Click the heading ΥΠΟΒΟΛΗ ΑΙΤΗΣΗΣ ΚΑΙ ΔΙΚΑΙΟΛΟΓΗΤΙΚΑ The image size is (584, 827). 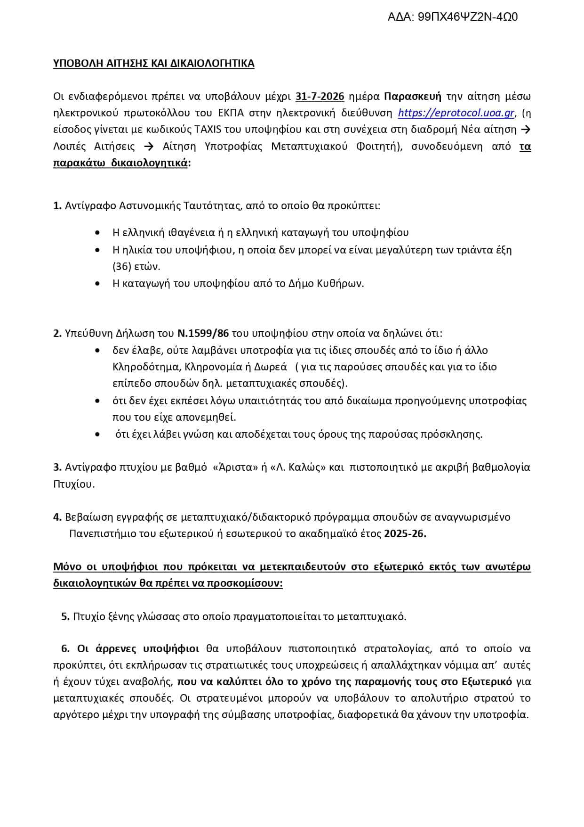point(153,64)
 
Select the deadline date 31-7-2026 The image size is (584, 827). point(320,97)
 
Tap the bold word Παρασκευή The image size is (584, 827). point(413,97)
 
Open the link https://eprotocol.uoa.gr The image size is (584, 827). point(456,113)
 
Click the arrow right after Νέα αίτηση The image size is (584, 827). point(527,130)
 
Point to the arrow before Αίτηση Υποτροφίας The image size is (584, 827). point(148,147)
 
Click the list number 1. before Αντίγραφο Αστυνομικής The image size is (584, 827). point(57,206)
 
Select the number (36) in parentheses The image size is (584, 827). point(121,267)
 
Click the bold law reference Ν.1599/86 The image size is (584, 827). point(203,334)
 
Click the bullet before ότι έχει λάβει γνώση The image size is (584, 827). point(97,434)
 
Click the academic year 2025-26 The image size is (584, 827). point(405,534)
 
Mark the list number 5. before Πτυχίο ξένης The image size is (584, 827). point(65,617)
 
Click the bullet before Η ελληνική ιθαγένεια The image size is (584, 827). point(97,233)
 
